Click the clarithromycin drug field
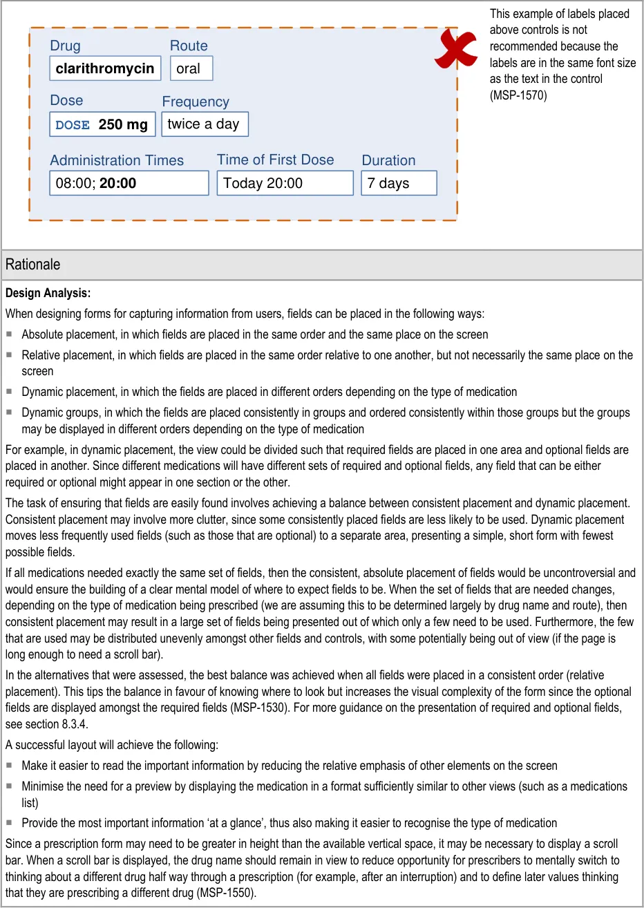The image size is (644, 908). click(x=105, y=68)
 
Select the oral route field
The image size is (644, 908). click(x=191, y=68)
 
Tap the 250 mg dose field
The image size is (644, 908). click(x=102, y=124)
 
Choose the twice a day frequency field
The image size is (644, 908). click(x=205, y=124)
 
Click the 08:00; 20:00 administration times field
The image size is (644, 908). click(x=129, y=183)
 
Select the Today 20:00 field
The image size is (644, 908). click(x=285, y=183)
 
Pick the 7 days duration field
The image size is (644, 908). click(x=399, y=183)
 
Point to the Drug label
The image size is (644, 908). click(x=65, y=46)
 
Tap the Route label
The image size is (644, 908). click(x=189, y=46)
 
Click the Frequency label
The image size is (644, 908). click(x=196, y=102)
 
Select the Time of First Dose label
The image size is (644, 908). click(x=275, y=160)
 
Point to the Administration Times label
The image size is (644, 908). click(x=117, y=160)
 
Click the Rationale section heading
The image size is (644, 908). click(x=32, y=264)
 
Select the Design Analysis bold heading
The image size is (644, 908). click(x=48, y=293)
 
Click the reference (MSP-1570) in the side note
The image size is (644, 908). click(x=518, y=95)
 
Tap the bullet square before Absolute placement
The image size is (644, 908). click(x=10, y=334)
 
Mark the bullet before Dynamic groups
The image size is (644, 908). click(x=10, y=413)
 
